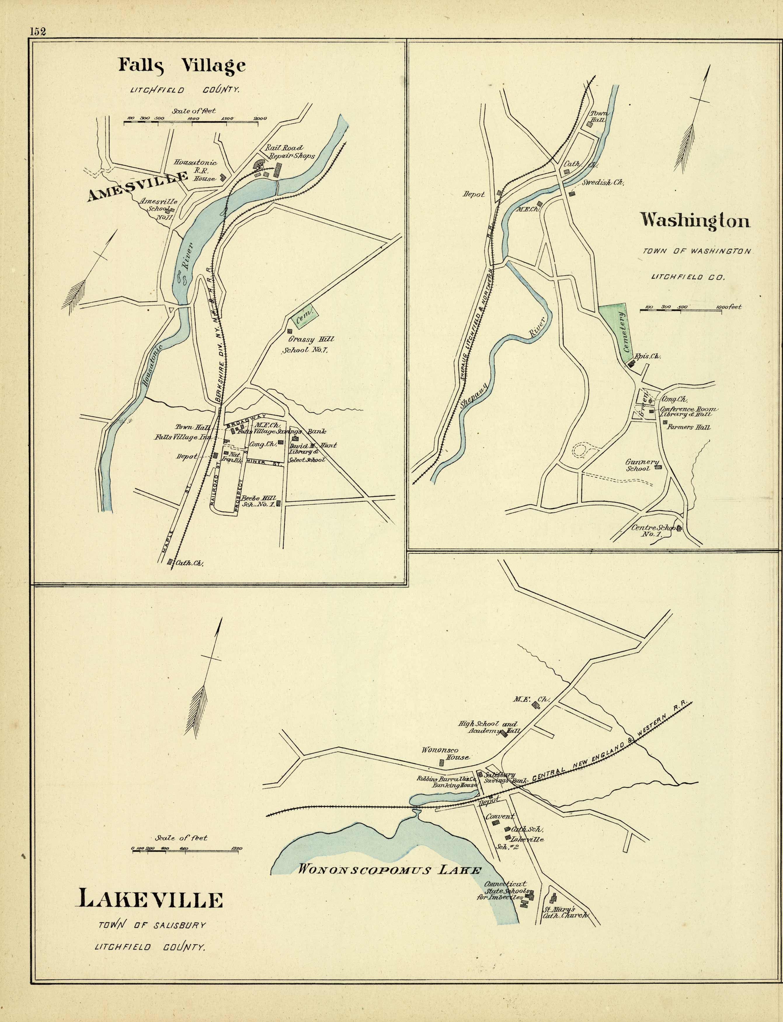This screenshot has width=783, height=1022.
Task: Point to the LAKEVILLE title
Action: [x=149, y=899]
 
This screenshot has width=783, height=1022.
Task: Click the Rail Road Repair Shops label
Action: [x=289, y=152]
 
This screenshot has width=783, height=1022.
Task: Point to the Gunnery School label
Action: [x=642, y=465]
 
